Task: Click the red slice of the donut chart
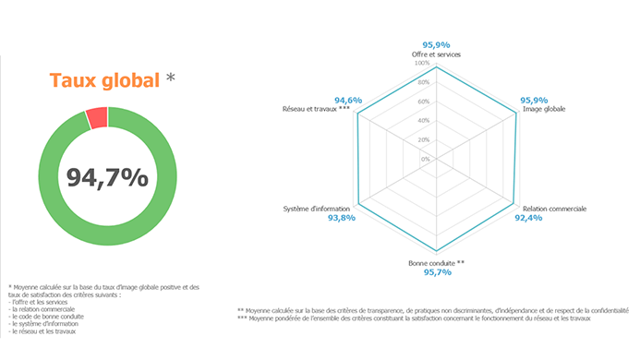(96, 118)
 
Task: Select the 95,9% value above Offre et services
(436, 44)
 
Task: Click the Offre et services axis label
(436, 54)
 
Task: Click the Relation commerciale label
(554, 209)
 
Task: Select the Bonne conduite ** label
(436, 263)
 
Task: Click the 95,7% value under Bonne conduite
(436, 273)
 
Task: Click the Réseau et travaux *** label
(317, 109)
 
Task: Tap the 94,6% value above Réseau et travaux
(348, 99)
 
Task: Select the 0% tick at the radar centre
(426, 159)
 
